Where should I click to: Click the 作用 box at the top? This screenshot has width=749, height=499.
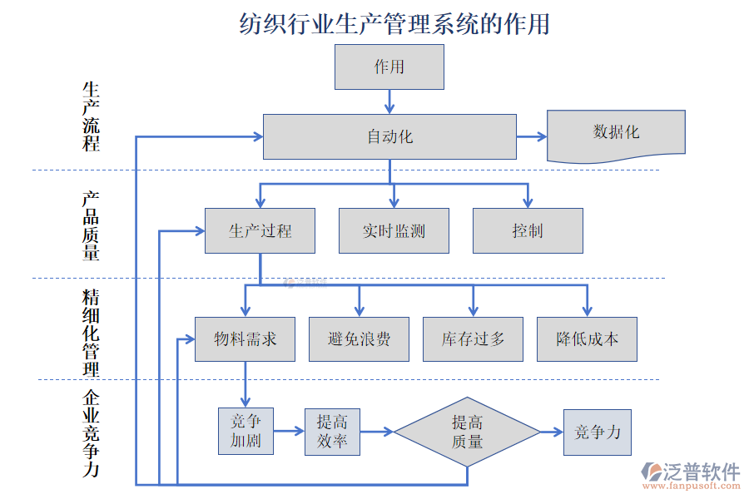[389, 67]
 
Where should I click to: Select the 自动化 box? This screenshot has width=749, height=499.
[389, 136]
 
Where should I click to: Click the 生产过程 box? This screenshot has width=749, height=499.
[260, 230]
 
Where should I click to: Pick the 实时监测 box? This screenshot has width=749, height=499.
[394, 230]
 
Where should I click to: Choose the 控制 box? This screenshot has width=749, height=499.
[528, 230]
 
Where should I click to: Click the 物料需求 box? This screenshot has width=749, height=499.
[245, 339]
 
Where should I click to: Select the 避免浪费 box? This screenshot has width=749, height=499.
[359, 339]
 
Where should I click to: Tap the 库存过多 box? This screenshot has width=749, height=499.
[473, 339]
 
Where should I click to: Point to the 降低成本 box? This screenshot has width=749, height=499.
[587, 339]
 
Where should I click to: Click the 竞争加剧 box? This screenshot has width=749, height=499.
[246, 431]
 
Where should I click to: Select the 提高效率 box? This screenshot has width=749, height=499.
[332, 432]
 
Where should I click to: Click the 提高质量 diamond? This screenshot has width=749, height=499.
[467, 432]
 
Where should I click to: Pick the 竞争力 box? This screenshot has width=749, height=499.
[597, 432]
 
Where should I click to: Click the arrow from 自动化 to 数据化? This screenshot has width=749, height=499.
[531, 136]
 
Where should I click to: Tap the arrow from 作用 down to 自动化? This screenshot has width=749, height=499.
[389, 101]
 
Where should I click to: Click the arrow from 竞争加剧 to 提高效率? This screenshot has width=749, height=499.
[289, 431]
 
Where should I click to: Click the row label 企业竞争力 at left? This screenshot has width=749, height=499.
[91, 432]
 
